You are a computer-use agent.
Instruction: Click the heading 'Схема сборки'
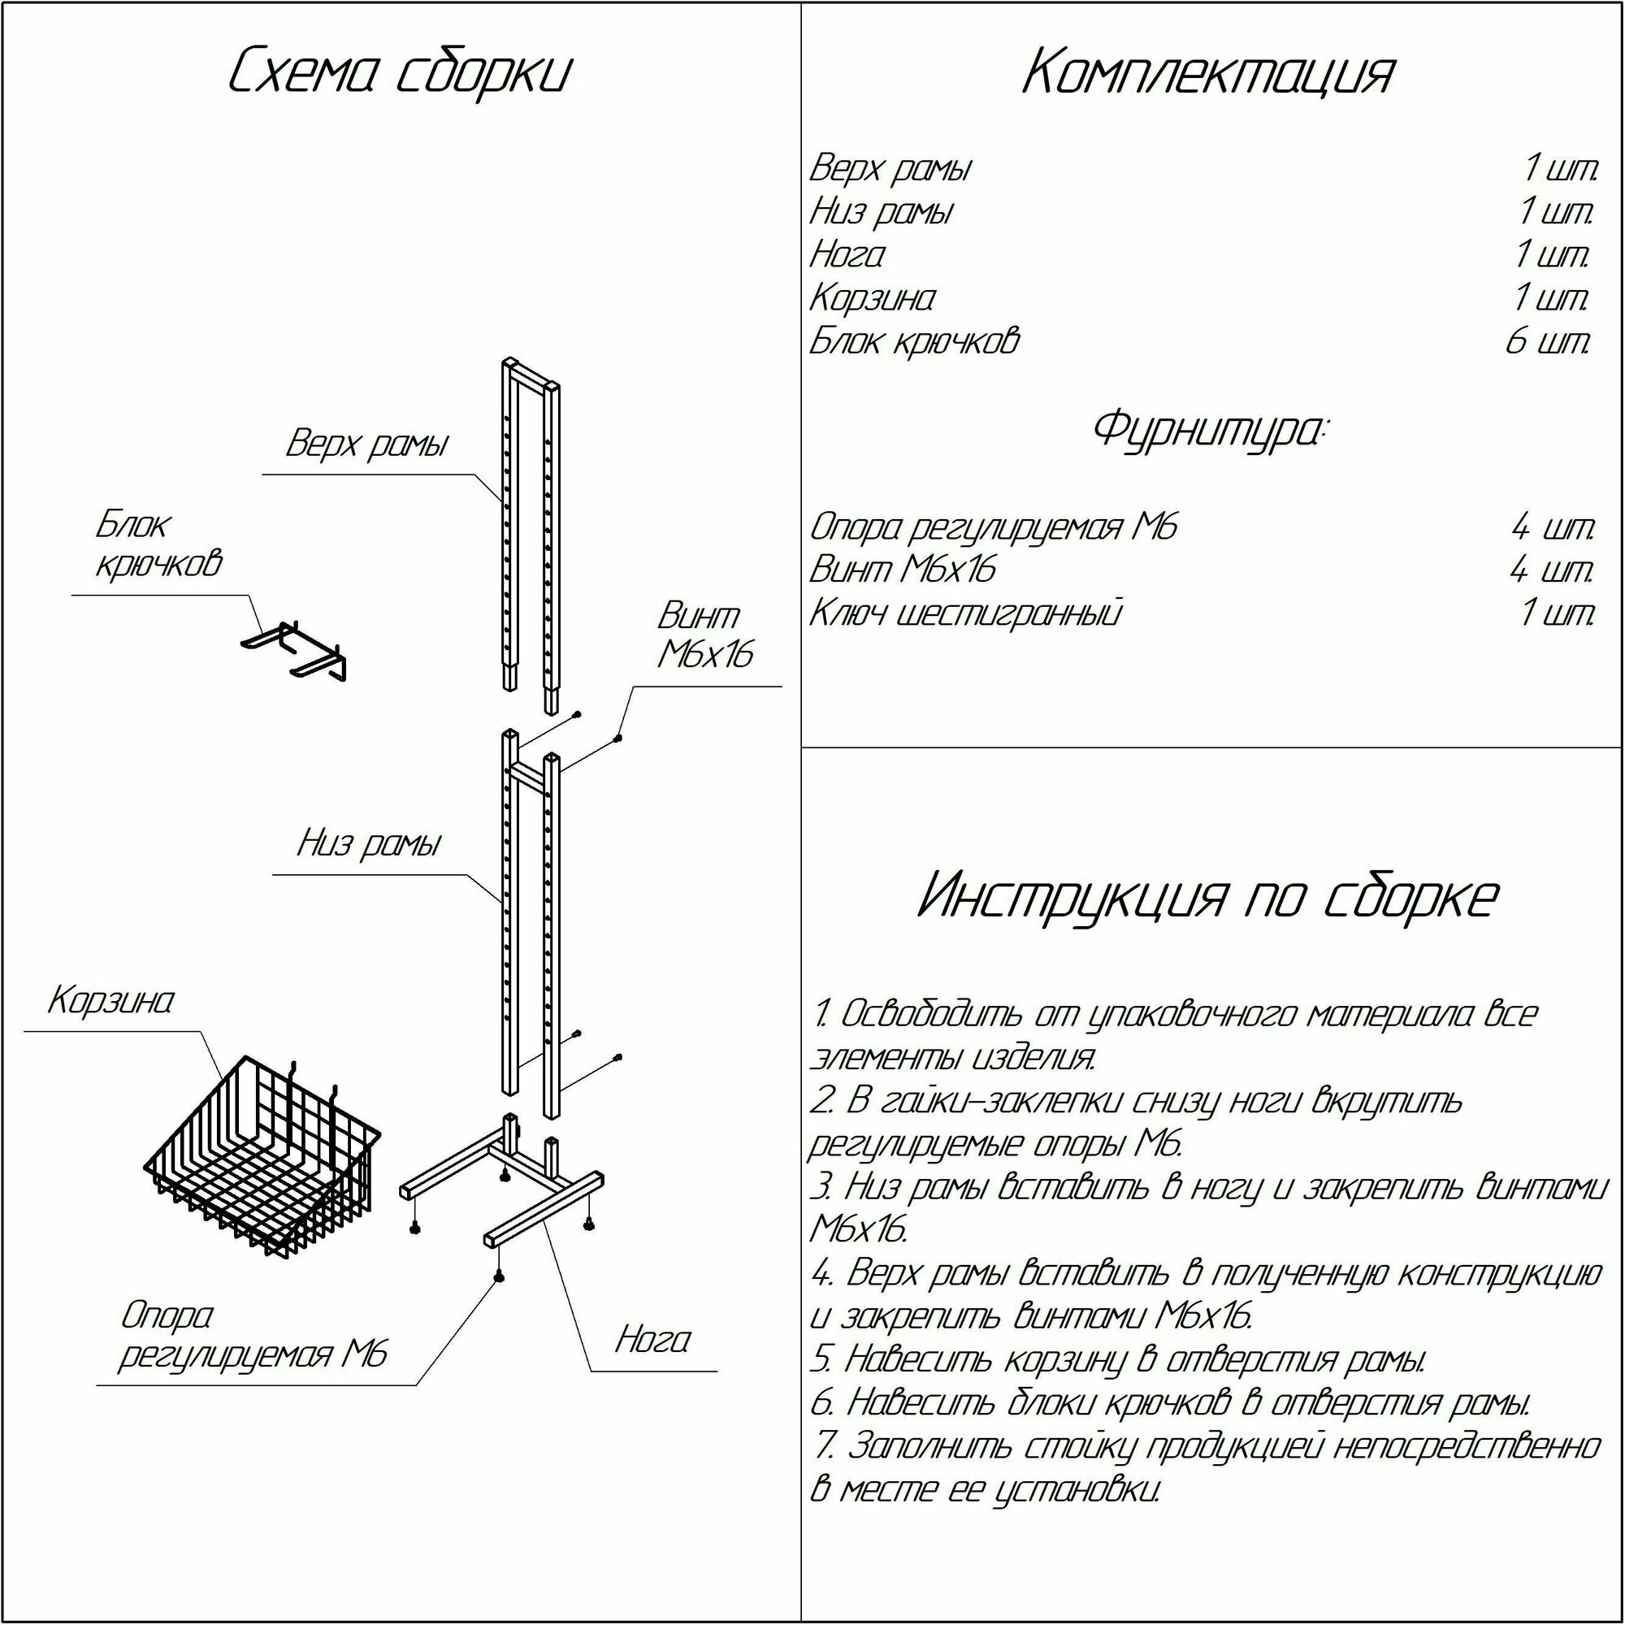(x=400, y=73)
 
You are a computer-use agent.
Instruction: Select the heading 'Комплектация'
(x=1209, y=73)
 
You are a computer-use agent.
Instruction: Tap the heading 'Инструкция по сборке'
(x=1209, y=897)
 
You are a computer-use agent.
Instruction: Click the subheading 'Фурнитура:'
(x=1209, y=429)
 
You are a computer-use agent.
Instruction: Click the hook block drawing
(x=294, y=650)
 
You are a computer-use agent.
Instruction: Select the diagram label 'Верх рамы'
(x=366, y=444)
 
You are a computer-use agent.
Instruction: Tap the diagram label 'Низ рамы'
(x=368, y=843)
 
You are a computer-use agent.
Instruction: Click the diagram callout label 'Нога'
(x=652, y=1340)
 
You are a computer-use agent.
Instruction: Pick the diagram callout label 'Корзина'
(x=111, y=1001)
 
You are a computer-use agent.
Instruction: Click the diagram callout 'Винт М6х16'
(x=704, y=635)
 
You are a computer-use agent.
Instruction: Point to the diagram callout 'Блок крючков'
(x=158, y=544)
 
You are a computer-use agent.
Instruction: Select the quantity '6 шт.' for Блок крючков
(x=1549, y=341)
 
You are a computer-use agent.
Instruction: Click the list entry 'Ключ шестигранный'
(x=965, y=614)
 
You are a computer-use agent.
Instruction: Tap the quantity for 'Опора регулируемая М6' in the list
(x=1553, y=527)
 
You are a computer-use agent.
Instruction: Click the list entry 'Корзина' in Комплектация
(x=871, y=298)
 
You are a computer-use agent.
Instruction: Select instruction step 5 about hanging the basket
(x=1119, y=1358)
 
